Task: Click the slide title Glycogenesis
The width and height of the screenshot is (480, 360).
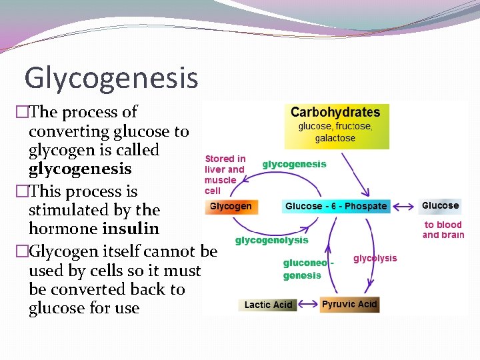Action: tap(111, 77)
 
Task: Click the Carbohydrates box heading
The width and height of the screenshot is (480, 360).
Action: tap(335, 112)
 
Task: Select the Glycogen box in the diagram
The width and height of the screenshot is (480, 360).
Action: tap(231, 206)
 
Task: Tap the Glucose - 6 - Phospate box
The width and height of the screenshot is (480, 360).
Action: tap(336, 206)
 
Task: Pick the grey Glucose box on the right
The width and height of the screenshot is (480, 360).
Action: tap(441, 205)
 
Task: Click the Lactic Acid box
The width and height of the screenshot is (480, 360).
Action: tap(268, 305)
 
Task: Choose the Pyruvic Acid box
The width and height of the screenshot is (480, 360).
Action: tap(349, 304)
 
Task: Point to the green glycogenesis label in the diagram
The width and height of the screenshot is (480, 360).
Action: tap(294, 164)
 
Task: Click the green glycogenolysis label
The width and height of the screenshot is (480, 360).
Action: tap(272, 240)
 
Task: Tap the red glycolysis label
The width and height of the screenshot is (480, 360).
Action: tap(375, 258)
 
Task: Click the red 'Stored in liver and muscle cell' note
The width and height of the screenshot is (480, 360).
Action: tap(225, 175)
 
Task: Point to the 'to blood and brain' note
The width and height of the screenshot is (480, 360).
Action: tap(443, 229)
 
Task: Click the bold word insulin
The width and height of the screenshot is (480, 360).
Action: tap(131, 229)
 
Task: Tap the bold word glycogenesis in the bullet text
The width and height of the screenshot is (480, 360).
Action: tap(80, 169)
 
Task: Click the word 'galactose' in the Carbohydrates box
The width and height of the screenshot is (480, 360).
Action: tap(335, 138)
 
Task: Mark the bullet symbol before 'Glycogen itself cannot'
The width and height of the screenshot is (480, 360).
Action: tap(22, 251)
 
